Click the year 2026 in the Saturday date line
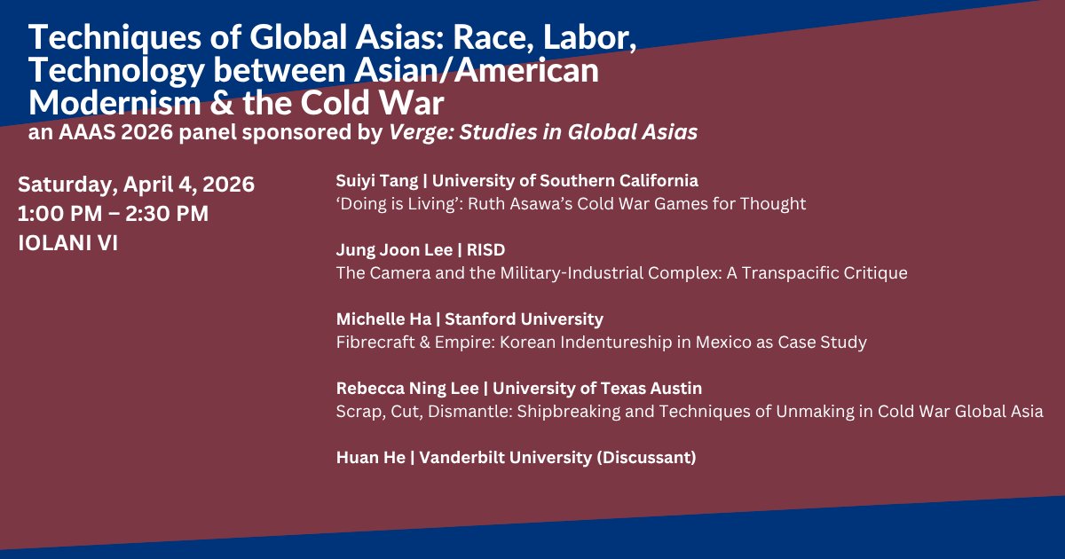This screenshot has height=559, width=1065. coord(229,185)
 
